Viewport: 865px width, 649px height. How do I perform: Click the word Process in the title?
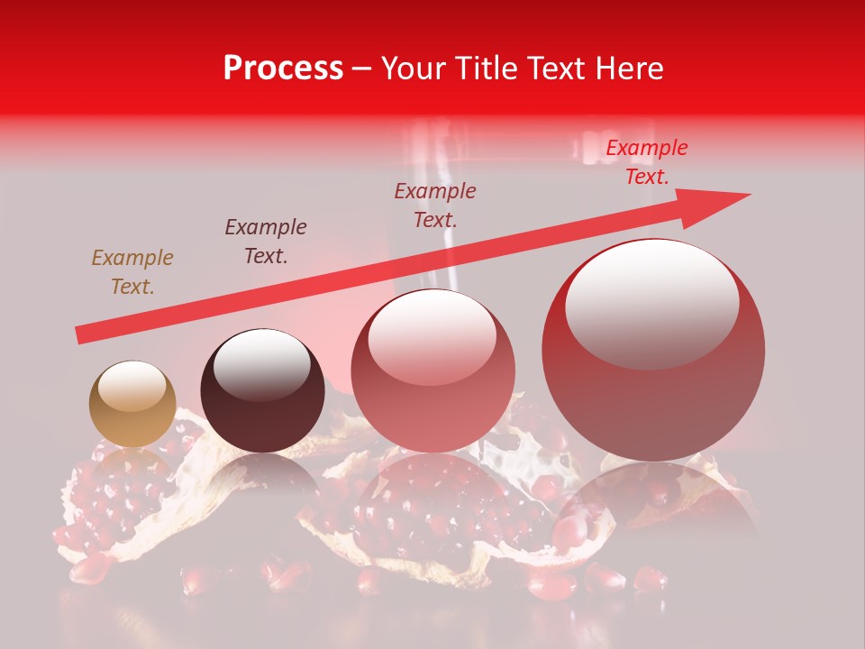(283, 69)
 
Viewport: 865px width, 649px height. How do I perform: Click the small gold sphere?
(132, 404)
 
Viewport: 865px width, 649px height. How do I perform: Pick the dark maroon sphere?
(262, 390)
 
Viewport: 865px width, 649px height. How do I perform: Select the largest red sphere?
(653, 350)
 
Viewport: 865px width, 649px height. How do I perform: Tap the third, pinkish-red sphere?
(433, 370)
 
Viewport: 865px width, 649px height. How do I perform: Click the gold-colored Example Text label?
(132, 272)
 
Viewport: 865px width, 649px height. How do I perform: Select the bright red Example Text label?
(646, 162)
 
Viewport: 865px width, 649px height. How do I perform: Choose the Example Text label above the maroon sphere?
(266, 242)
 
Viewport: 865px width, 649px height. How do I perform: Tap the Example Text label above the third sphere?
(435, 205)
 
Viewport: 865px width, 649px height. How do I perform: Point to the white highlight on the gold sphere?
(132, 385)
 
